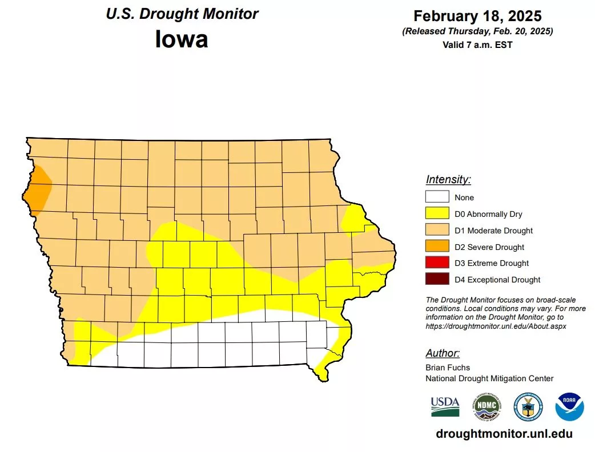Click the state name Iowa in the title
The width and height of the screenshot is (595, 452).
pos(182,39)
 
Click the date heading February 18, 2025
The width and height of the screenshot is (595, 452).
pos(477,15)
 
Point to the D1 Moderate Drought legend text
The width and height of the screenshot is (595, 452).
pos(493,231)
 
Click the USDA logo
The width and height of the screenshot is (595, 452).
pos(445,406)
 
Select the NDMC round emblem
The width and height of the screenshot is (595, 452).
pos(486,406)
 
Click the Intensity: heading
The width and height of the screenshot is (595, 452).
pos(448,180)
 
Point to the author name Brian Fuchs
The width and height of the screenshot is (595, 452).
pos(448,368)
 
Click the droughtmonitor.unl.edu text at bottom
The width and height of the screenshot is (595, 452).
pos(504,434)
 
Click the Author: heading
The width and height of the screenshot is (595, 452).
pos(443,353)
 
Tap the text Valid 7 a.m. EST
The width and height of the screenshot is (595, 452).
pos(477,45)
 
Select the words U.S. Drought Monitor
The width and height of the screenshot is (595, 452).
pos(182,14)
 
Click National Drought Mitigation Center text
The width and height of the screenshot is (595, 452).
pos(489,378)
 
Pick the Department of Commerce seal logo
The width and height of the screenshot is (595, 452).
pos(528,406)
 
